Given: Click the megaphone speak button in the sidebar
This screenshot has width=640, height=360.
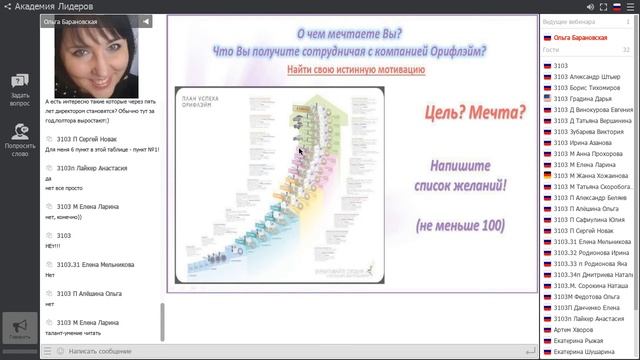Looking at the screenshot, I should point(19,328).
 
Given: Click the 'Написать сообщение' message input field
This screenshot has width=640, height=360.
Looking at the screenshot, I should point(100,351).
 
